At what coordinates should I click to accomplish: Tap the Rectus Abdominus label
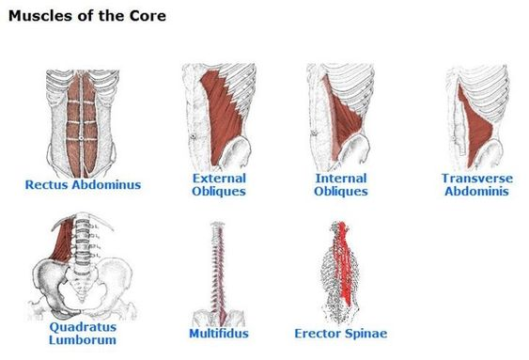(84, 184)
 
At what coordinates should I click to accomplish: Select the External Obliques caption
(219, 184)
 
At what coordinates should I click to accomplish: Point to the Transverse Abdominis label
(475, 184)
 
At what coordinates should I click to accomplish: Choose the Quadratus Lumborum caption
(83, 333)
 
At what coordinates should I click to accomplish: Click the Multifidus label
(219, 333)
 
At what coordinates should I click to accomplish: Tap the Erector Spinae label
(341, 333)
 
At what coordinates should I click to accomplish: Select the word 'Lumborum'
(83, 339)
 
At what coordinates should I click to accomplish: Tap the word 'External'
(219, 178)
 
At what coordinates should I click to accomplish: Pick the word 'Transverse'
(475, 178)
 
